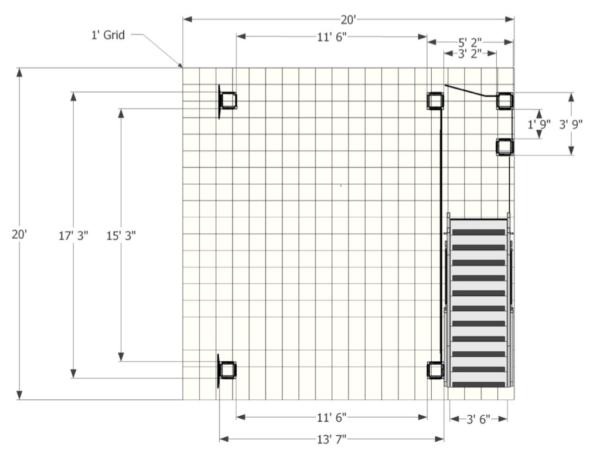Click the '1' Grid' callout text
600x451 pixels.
click(x=108, y=35)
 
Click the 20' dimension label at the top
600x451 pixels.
click(x=349, y=19)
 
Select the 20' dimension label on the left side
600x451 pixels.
click(x=19, y=235)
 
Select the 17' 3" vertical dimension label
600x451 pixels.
click(x=73, y=236)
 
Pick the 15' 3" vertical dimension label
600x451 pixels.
click(x=121, y=236)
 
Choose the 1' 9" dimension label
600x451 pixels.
click(x=539, y=124)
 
